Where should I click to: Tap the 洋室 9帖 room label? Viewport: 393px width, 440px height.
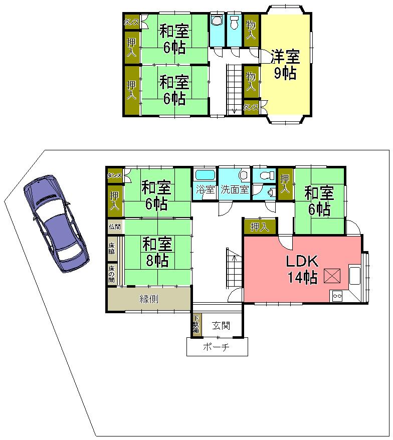click(284, 64)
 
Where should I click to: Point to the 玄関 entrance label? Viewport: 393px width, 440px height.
click(221, 326)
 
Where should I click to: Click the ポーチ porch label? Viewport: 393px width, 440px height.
click(217, 347)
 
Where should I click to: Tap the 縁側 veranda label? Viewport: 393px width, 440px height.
click(149, 299)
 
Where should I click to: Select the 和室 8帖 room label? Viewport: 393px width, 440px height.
click(157, 252)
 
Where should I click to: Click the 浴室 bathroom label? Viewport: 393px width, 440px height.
click(205, 190)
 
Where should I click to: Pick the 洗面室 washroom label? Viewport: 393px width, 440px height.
click(235, 190)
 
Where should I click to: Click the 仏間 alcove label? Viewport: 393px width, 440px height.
click(114, 227)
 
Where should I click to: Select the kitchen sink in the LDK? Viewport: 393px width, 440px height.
click(355, 275)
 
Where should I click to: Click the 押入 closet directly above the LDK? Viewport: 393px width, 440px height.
click(259, 227)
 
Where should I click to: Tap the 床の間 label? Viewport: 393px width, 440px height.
click(111, 273)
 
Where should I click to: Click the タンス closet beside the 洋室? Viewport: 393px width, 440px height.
click(251, 107)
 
